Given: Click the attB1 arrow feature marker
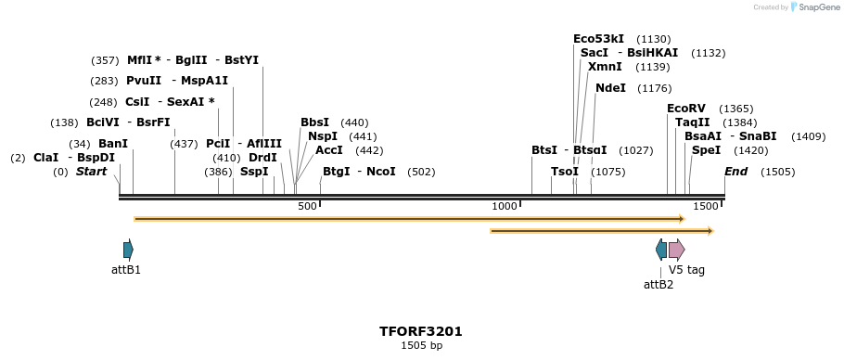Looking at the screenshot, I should click(128, 250).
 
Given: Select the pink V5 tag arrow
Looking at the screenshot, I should click(676, 250).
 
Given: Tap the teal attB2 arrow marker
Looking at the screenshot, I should click(660, 250).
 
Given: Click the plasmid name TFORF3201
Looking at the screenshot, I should click(420, 331).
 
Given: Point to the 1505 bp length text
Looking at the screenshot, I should click(421, 346).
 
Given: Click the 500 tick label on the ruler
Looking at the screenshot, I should click(307, 206).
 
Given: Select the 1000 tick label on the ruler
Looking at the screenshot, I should click(504, 206).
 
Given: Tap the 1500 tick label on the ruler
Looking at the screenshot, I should click(705, 206).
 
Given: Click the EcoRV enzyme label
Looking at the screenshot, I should click(685, 109).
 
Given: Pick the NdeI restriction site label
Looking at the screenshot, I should click(610, 87).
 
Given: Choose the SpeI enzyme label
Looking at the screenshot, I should click(706, 150).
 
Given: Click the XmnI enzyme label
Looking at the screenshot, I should click(605, 67).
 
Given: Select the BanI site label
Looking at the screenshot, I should click(112, 144).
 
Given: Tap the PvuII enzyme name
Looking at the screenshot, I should click(144, 81).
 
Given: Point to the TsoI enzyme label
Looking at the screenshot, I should click(564, 172).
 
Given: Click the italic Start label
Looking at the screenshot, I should click(91, 172).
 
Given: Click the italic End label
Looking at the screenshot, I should click(735, 172).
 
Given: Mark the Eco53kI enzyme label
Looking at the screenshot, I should click(598, 39).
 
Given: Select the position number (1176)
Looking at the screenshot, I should click(655, 88).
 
